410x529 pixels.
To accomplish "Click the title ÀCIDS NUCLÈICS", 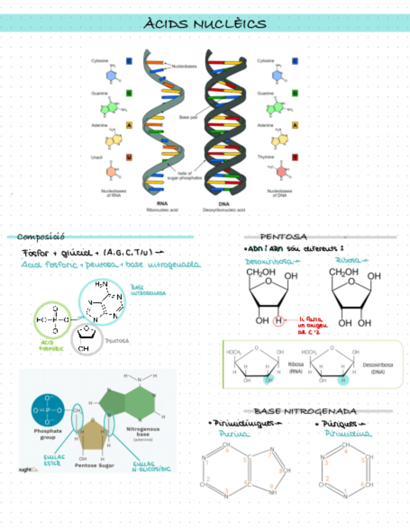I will pos(205,24).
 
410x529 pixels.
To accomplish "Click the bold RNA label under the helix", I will pos(162,203).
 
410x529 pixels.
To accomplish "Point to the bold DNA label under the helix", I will pos(224,203).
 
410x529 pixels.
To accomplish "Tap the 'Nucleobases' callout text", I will pos(183,64).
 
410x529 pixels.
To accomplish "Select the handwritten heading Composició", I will pos(41,236).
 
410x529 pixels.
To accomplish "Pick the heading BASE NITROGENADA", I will pos(306,411).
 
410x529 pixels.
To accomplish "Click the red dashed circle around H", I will pos(278,321).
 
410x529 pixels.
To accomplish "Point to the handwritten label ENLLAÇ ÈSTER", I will pos(52,461).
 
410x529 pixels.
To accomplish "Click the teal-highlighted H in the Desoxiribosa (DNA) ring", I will pos(342,379).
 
